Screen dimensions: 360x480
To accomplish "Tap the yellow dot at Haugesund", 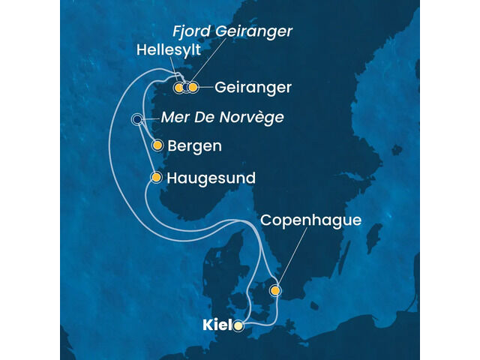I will [156, 178].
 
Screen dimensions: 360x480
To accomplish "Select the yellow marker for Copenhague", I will [276, 290].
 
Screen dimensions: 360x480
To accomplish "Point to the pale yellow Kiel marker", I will [238, 326].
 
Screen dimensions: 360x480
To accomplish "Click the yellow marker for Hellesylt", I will [178, 88].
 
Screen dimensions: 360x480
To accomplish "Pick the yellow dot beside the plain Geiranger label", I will [193, 88].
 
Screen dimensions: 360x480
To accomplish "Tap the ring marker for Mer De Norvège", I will [137, 119].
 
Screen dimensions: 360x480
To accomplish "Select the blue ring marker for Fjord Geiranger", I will [186, 88].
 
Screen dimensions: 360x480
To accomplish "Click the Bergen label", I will [195, 146].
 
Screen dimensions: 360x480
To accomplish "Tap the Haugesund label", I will [212, 178].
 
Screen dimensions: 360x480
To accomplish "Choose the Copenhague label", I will [310, 220].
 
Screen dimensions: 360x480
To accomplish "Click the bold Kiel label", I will [216, 326].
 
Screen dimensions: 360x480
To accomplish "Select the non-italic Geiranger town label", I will [253, 88].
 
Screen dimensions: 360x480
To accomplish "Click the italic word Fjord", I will [191, 31].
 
